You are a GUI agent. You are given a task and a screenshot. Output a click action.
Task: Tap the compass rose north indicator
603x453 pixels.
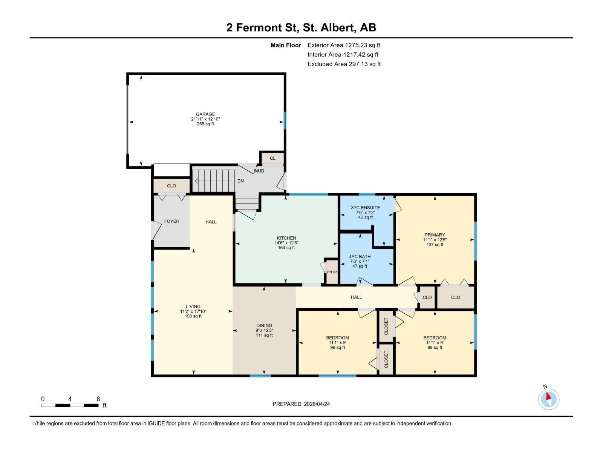(549, 399)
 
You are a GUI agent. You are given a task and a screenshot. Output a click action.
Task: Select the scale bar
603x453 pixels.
(70, 405)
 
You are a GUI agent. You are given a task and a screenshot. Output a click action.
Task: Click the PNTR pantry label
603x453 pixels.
(332, 272)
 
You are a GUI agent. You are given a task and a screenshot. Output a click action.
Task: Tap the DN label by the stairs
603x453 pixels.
(240, 181)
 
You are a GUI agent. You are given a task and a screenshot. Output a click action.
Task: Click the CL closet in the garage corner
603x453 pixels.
(272, 159)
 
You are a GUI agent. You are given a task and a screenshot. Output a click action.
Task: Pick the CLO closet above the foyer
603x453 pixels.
(171, 186)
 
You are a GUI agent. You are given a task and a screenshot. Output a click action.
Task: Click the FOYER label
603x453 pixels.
(171, 221)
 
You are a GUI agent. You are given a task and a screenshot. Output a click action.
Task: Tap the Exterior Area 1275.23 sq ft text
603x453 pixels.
(344, 45)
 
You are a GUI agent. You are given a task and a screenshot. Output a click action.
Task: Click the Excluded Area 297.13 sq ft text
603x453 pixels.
(344, 64)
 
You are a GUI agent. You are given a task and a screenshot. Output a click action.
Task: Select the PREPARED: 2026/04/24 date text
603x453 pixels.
(301, 404)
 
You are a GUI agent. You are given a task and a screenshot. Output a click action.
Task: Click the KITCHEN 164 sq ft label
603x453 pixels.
(286, 243)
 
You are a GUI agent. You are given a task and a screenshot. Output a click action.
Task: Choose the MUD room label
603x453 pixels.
(259, 171)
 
